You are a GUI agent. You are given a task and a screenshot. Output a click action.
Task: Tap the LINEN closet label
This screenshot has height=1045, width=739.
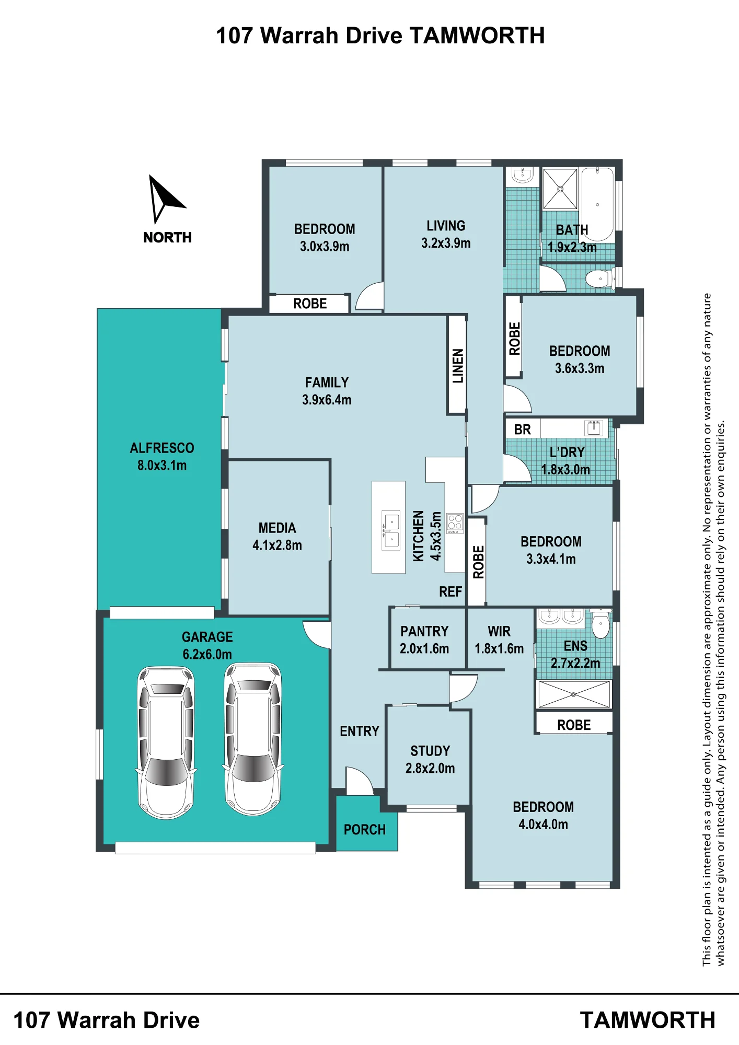pyautogui.click(x=458, y=366)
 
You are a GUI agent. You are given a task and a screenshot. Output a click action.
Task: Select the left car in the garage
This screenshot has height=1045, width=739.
pyautogui.click(x=166, y=742)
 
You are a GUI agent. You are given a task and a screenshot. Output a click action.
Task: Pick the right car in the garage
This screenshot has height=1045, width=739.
pyautogui.click(x=253, y=739)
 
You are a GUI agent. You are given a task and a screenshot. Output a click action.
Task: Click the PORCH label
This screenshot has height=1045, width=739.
pyautogui.click(x=365, y=830)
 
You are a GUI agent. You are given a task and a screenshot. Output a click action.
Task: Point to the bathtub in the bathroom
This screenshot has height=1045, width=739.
pyautogui.click(x=597, y=204)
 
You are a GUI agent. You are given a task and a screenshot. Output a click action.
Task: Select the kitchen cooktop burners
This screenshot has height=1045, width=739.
pyautogui.click(x=455, y=523)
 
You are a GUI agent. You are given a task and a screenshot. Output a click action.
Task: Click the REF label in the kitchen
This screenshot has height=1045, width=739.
pyautogui.click(x=451, y=591)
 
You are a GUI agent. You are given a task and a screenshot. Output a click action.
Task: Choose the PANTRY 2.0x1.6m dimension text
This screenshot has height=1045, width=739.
pyautogui.click(x=424, y=649)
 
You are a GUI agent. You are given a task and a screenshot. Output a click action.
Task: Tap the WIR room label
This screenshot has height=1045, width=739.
pyautogui.click(x=499, y=631)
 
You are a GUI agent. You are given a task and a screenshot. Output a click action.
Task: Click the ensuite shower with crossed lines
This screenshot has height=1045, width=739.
pyautogui.click(x=574, y=694)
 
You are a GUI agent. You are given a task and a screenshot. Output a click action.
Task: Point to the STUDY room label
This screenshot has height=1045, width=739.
pyautogui.click(x=430, y=751)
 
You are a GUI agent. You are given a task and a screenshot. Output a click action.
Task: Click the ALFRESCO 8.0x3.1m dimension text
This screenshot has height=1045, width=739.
pyautogui.click(x=162, y=466)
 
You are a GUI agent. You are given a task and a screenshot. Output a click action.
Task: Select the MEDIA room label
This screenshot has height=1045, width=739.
pyautogui.click(x=277, y=528)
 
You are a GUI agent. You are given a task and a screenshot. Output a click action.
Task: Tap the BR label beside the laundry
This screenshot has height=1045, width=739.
pyautogui.click(x=523, y=429)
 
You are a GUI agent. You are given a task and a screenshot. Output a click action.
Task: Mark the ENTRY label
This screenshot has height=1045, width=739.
pyautogui.click(x=360, y=731)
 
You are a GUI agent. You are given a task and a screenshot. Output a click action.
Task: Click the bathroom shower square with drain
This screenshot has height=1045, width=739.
pyautogui.click(x=560, y=189)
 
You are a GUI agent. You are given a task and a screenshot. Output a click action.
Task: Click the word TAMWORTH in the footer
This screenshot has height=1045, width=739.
pyautogui.click(x=648, y=1020)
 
